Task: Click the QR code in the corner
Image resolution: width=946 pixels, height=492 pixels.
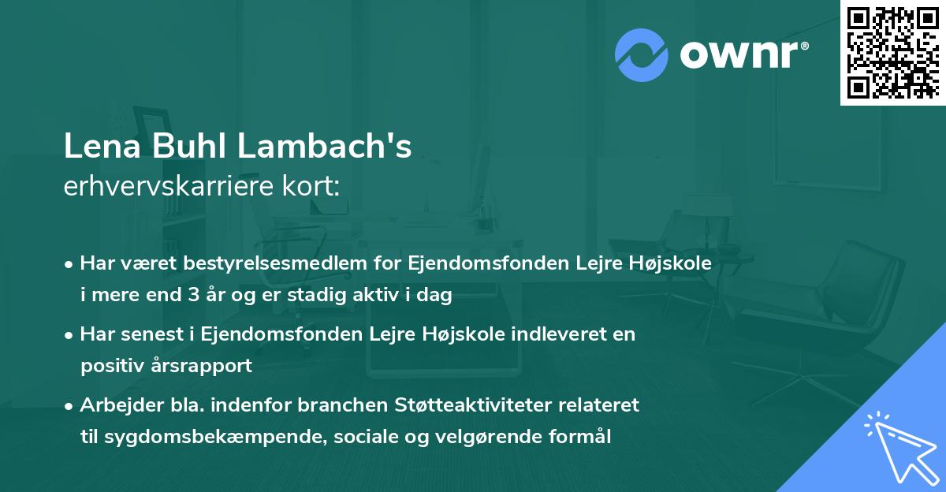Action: [893, 53]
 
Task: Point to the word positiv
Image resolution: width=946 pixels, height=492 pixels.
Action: [110, 366]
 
